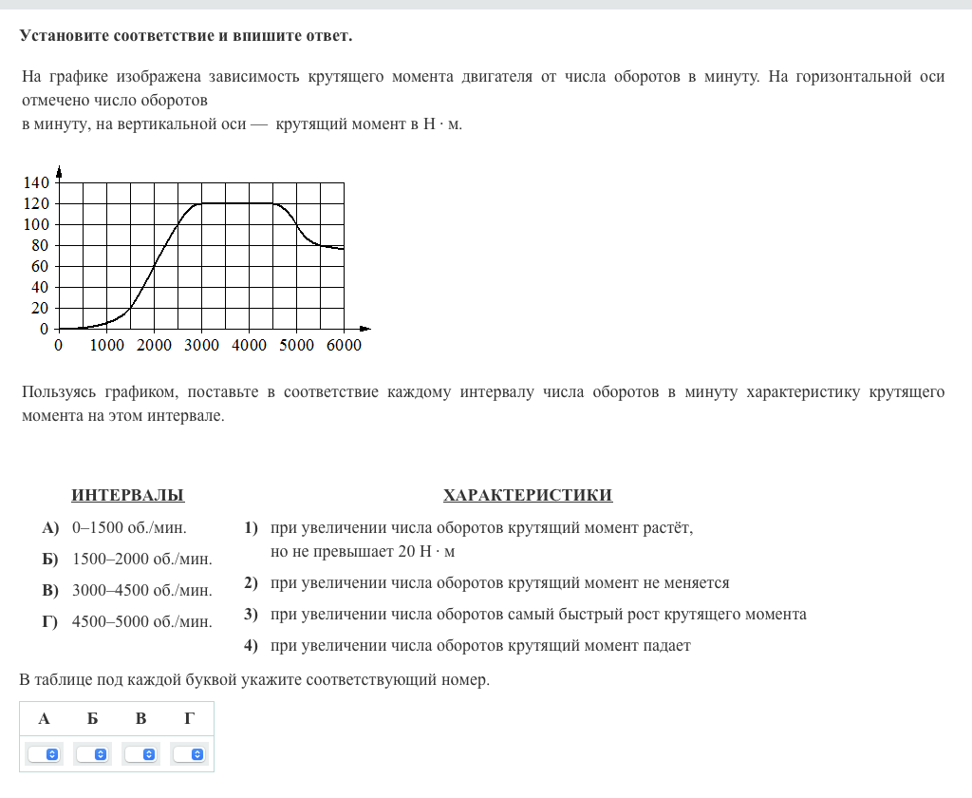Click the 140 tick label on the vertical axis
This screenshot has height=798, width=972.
36,182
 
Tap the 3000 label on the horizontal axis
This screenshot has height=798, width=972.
201,346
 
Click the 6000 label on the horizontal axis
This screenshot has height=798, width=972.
344,346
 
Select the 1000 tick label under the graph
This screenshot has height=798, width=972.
106,346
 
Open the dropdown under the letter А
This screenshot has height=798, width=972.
45,754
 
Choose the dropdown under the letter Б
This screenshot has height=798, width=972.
93,754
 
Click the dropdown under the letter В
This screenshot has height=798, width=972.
141,754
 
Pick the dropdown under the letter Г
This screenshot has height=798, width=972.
190,754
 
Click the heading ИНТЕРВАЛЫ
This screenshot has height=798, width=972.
128,495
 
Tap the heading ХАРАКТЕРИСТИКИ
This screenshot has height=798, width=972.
527,495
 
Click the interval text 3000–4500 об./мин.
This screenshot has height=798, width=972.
142,590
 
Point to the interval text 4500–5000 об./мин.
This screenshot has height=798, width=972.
142,622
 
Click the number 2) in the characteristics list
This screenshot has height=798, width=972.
251,582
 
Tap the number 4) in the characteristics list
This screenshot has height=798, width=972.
251,646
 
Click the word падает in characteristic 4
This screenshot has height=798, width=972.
666,646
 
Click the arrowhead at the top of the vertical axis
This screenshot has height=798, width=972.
59,172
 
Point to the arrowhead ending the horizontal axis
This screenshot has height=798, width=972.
364,330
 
